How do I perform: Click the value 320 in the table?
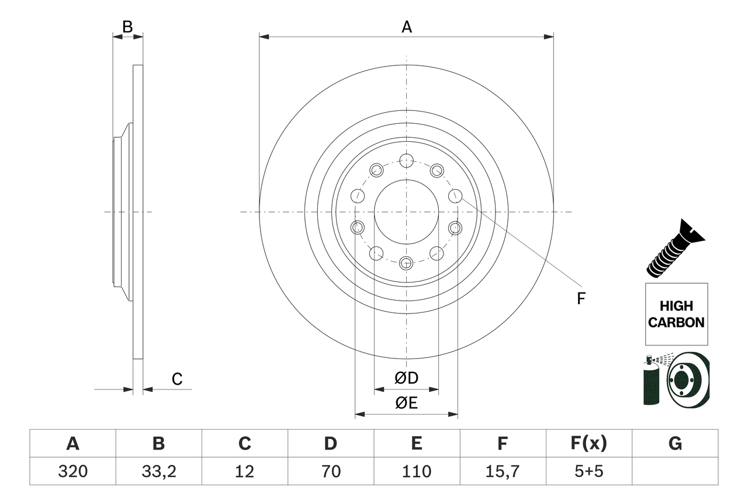click(72, 471)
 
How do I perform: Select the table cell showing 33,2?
click(158, 471)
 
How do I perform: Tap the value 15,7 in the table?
click(502, 471)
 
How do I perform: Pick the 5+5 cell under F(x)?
click(588, 471)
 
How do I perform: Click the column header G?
click(675, 444)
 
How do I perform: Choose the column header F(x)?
click(588, 444)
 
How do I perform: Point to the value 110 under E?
click(416, 471)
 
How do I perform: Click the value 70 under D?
click(330, 471)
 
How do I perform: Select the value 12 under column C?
click(244, 471)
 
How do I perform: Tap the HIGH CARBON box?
click(676, 314)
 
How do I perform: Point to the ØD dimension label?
click(406, 378)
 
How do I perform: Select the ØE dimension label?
click(406, 403)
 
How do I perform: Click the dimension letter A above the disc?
click(406, 27)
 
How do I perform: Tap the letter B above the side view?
click(127, 26)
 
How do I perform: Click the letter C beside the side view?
click(177, 379)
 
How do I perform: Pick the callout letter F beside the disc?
click(581, 299)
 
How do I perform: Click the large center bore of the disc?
click(406, 212)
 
